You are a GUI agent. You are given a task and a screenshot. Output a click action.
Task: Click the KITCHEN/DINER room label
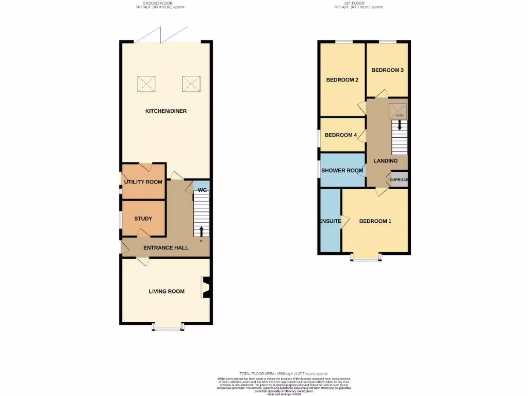tap(165, 111)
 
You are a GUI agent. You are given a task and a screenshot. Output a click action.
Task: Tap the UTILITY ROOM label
tap(143, 182)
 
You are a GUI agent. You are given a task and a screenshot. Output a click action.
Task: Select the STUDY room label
tap(143, 219)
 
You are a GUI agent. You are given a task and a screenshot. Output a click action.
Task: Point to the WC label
tap(203, 190)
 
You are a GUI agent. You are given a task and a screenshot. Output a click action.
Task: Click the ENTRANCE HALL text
tap(166, 248)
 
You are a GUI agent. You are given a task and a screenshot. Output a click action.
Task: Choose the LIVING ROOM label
tap(167, 291)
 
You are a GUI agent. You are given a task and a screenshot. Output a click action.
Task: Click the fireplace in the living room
tap(206, 288)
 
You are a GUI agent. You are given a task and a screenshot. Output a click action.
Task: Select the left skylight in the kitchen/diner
tap(146, 84)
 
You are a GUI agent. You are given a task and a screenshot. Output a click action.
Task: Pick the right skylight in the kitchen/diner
tap(191, 84)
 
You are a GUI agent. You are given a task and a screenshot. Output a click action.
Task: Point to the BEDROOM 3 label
tap(387, 70)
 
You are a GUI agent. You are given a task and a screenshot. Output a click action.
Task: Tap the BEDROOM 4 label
tap(341, 135)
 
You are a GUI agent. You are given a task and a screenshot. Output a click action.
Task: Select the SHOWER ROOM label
tap(342, 170)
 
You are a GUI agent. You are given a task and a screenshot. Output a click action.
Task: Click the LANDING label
tap(386, 161)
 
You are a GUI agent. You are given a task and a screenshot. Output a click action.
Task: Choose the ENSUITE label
tap(331, 221)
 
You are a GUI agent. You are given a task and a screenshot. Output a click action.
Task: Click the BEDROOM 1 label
tap(375, 221)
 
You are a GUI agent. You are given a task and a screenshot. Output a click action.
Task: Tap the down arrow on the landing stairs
tap(399, 125)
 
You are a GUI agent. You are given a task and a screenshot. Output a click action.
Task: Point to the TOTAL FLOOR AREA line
tap(283, 373)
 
